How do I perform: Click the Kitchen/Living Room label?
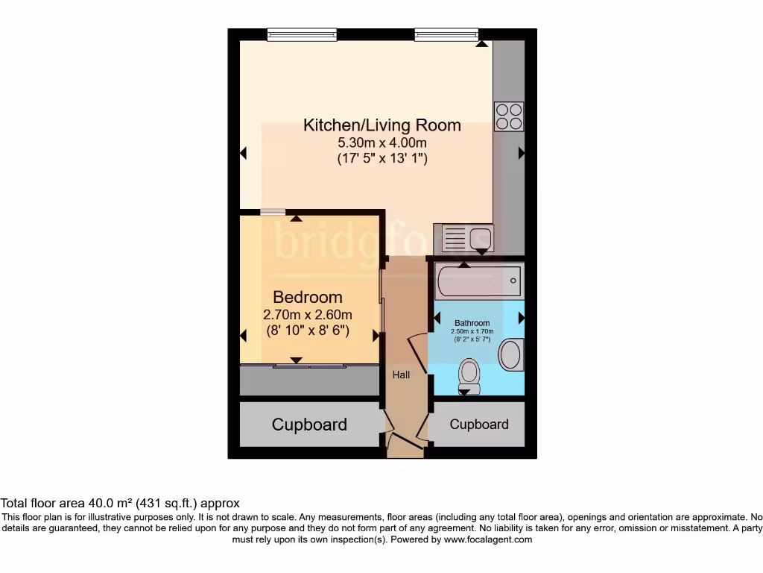[381, 125]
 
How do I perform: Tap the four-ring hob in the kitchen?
[509, 116]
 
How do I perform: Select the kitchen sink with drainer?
[466, 239]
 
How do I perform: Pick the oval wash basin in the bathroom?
[510, 354]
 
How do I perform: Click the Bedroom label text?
[308, 297]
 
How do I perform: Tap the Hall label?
[402, 375]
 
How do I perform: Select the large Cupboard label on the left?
[309, 425]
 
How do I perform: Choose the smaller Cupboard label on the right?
[479, 424]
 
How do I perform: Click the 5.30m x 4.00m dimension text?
[381, 143]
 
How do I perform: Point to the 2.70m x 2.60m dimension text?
[308, 315]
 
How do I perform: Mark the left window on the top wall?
[302, 34]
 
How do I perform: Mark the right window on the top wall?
[446, 34]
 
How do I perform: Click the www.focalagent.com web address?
[487, 539]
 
